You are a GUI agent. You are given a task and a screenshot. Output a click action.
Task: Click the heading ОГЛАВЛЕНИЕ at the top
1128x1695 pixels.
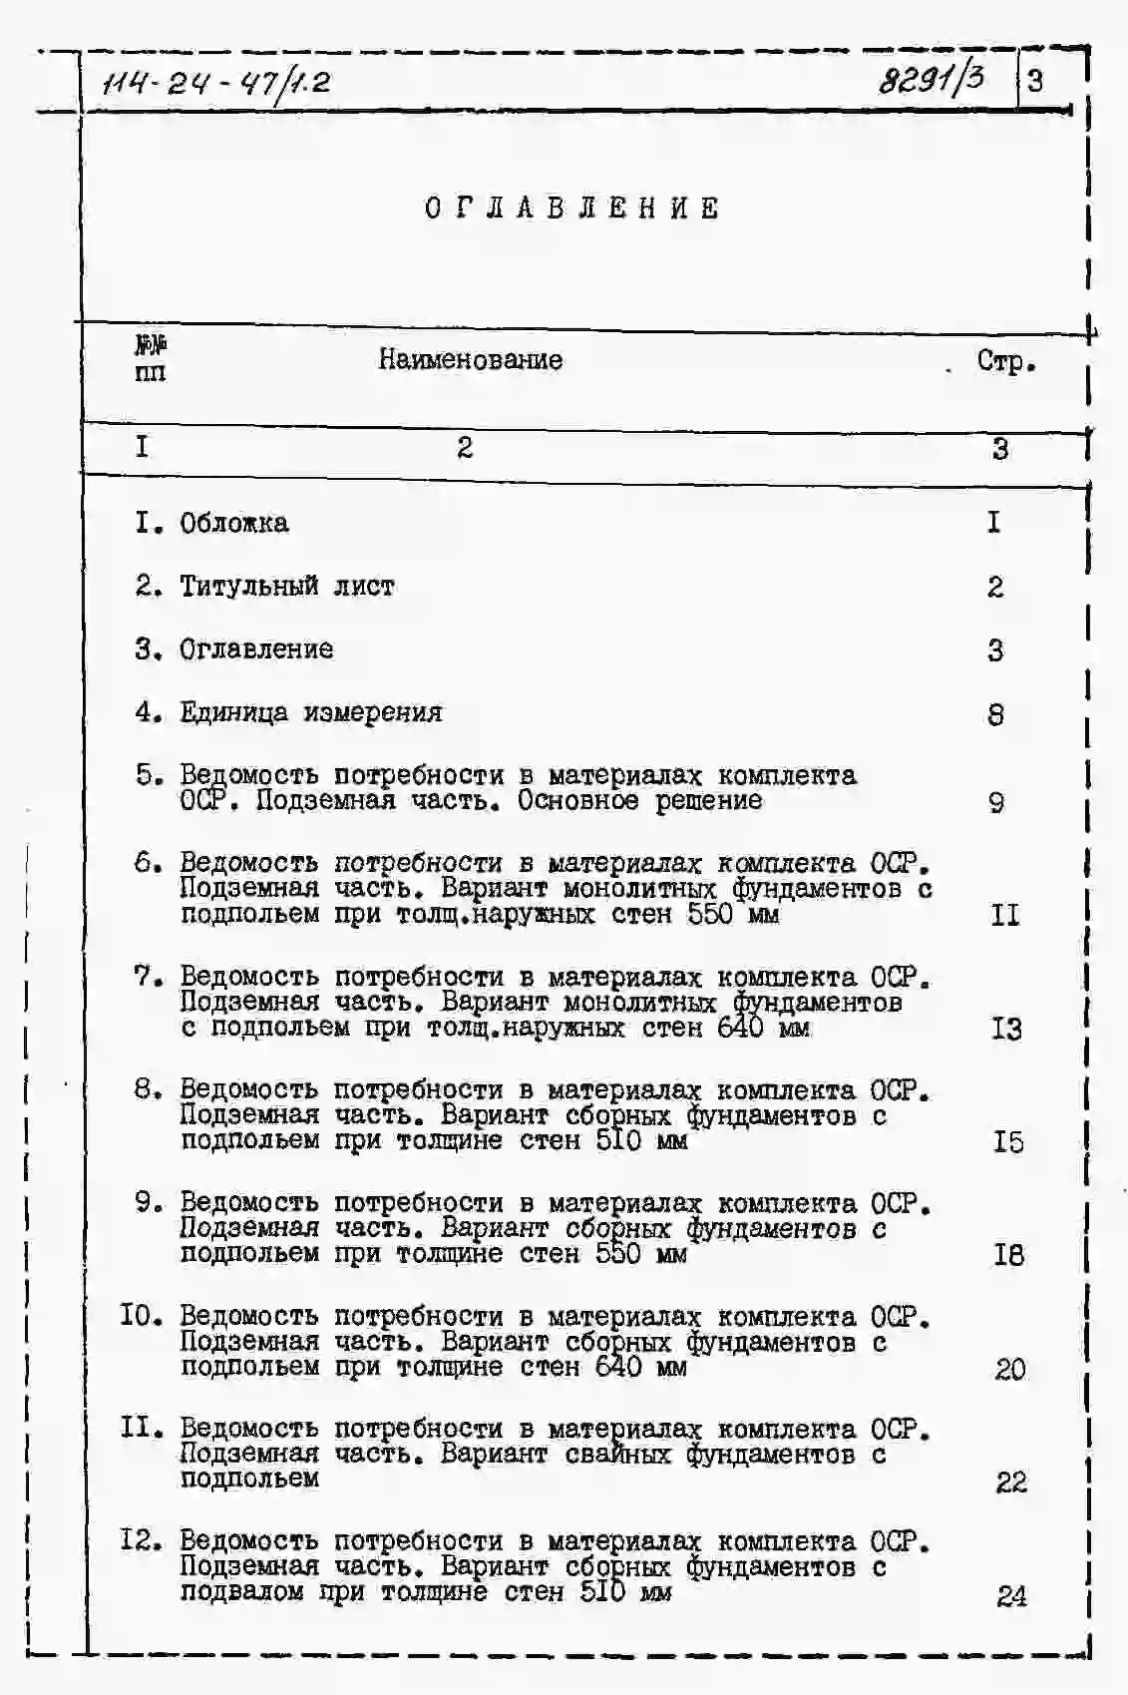[x=571, y=209]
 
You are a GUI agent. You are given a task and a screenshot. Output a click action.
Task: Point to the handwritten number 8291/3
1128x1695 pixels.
[x=931, y=79]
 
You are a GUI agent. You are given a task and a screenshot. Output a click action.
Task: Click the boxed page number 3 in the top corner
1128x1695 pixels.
[x=1035, y=80]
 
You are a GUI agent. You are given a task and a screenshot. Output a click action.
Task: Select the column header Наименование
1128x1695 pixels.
[x=470, y=360]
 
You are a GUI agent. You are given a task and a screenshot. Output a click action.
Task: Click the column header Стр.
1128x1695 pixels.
[x=1005, y=361]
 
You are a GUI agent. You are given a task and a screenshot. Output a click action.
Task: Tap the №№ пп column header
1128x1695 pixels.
[x=151, y=359]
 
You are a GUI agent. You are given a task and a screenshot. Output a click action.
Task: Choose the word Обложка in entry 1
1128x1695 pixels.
[x=234, y=523]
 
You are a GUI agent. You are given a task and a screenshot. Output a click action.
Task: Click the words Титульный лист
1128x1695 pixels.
[x=286, y=587]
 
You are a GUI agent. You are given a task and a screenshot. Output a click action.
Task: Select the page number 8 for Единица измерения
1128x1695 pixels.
[x=995, y=714]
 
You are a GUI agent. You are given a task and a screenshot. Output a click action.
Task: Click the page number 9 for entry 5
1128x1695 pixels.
[x=995, y=802]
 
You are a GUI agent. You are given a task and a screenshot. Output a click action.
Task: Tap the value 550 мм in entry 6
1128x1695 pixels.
[x=733, y=914]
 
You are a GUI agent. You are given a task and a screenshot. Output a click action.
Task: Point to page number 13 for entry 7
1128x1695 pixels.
[x=1006, y=1029]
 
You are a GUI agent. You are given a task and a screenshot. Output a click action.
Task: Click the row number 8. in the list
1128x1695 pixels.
[x=149, y=1088]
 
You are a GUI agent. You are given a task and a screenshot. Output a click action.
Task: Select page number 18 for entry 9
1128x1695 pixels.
[x=1008, y=1255]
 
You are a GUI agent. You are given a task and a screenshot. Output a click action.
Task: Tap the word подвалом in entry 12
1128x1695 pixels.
[x=241, y=1592]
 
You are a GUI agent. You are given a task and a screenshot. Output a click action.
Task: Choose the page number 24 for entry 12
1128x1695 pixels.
[x=1010, y=1596]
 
